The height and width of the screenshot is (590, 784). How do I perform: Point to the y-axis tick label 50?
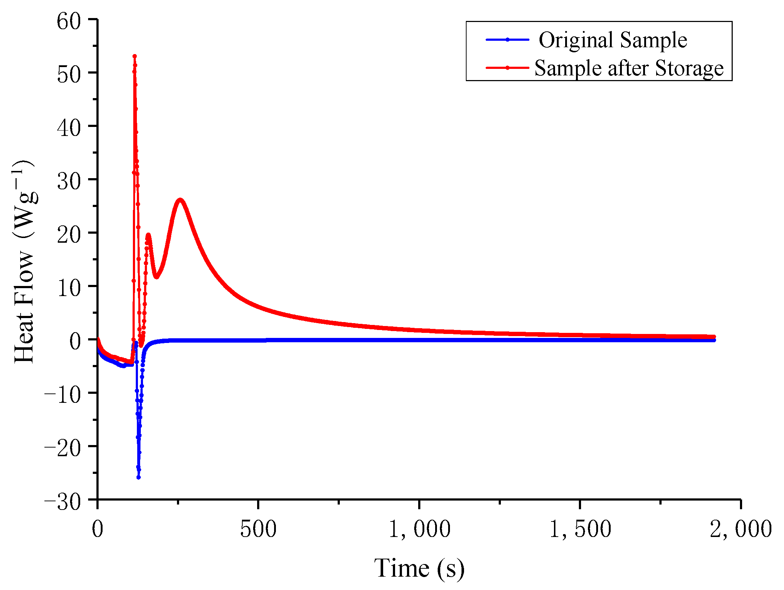69,74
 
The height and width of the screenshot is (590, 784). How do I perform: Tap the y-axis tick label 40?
69,128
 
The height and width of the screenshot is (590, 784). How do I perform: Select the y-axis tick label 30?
69,181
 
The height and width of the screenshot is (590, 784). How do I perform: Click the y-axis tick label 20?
69,234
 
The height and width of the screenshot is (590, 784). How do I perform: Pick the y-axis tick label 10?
69,288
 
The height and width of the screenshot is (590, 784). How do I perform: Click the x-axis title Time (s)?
419,569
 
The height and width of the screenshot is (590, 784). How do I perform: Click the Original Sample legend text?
613,40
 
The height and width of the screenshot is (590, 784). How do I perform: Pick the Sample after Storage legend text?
629,68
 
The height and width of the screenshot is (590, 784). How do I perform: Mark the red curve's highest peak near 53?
135,56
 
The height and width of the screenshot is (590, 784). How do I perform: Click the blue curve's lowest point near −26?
138,477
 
